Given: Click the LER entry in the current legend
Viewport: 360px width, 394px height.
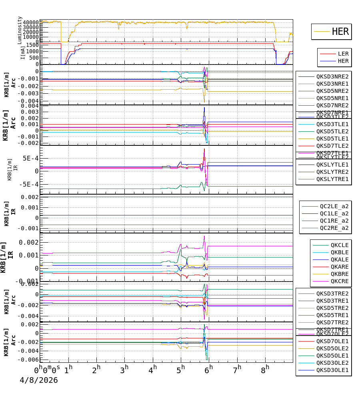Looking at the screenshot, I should [343, 54].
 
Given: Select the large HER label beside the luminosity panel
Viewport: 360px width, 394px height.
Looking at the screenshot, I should [340, 32].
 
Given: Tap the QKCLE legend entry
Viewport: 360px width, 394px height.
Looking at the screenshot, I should [340, 245].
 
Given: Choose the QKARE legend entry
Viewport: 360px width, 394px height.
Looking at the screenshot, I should [340, 267].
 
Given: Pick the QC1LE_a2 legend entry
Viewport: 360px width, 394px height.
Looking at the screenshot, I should [334, 213].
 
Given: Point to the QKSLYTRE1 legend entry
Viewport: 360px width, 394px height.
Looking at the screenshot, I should [332, 179].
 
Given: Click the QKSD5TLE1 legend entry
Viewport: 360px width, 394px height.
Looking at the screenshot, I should [332, 139].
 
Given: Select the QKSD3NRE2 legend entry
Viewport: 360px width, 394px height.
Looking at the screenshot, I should [332, 76].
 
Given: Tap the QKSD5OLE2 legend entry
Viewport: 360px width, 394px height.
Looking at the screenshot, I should [332, 348].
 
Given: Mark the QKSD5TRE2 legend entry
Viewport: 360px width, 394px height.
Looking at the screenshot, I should [332, 308].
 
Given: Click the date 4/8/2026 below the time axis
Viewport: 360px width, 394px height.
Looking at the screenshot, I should [39, 380].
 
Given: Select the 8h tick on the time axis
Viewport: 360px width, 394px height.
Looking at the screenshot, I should [264, 368].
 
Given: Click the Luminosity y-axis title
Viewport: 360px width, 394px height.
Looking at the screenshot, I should [20, 30].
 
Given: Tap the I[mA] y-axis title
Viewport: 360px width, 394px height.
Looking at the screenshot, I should [23, 52].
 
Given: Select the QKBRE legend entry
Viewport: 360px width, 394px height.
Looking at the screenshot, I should [340, 274].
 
